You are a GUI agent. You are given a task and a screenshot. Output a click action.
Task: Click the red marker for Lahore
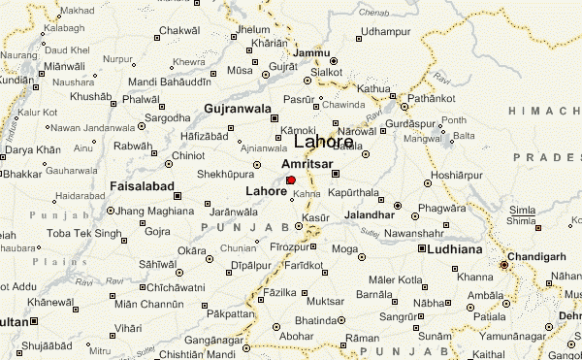click(x=291, y=180)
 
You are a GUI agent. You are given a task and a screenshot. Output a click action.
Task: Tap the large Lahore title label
click(x=323, y=142)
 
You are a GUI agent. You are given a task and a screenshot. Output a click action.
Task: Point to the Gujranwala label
click(x=237, y=108)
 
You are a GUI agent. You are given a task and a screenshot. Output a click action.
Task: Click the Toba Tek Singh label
click(x=85, y=234)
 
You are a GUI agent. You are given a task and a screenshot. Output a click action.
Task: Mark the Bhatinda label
click(x=315, y=319)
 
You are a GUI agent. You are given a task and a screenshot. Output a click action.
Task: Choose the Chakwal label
click(x=178, y=31)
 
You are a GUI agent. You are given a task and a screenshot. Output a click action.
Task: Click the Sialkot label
click(x=327, y=71)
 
